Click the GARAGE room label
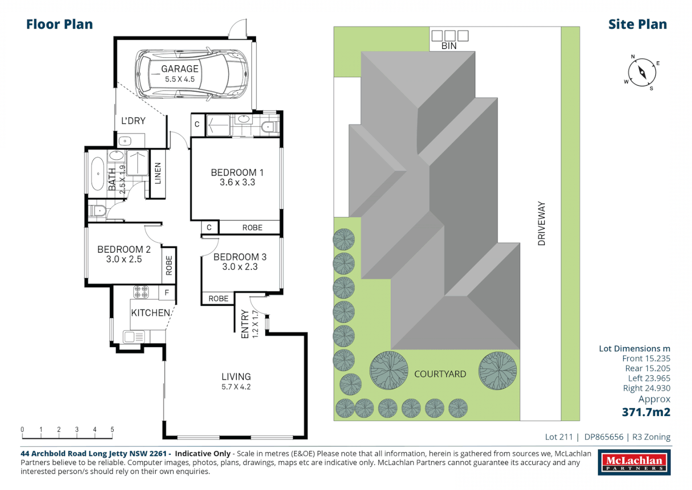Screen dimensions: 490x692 179,69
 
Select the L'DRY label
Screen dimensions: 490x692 133,121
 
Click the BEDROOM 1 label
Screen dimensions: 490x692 237,172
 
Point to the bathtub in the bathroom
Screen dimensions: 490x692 97,174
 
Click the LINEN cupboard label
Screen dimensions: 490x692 158,173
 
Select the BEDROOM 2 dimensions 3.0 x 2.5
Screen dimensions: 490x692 124,260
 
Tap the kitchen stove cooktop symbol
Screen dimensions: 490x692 140,292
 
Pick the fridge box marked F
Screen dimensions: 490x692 167,293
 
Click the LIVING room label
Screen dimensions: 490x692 236,377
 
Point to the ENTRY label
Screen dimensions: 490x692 245,324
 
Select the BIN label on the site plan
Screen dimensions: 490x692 449,46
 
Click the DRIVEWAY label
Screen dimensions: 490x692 542,224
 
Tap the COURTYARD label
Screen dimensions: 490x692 440,374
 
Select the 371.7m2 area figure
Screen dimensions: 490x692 646,412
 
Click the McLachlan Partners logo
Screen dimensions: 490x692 634,462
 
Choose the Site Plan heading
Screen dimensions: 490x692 637,24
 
